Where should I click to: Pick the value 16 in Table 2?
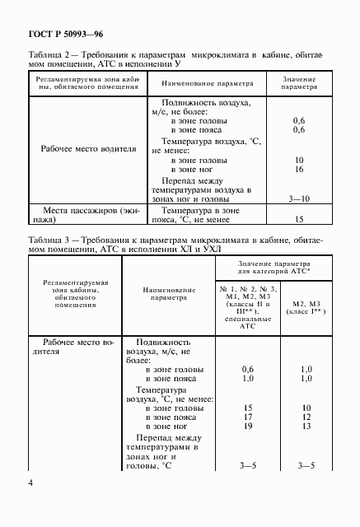[299, 168]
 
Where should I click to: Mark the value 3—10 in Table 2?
[299, 198]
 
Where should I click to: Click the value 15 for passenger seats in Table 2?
[299, 220]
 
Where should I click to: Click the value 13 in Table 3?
[306, 427]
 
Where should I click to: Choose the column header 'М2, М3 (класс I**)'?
[306, 309]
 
